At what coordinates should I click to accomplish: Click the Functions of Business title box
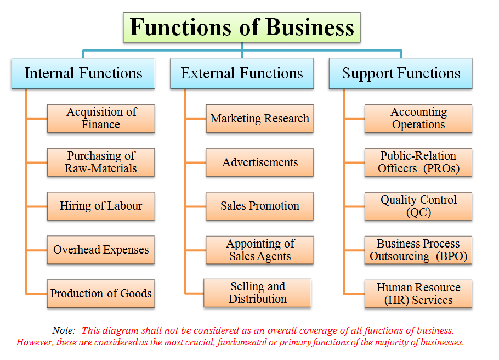pyautogui.click(x=242, y=27)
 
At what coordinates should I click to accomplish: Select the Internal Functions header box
pyautogui.click(x=83, y=74)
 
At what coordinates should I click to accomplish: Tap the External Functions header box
pyautogui.click(x=242, y=74)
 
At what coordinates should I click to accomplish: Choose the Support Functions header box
pyautogui.click(x=401, y=74)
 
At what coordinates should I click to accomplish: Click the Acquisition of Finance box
pyautogui.click(x=101, y=119)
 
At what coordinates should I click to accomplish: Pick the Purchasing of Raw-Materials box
pyautogui.click(x=101, y=162)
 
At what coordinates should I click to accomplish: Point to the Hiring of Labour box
pyautogui.click(x=101, y=206)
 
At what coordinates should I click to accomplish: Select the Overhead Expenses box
pyautogui.click(x=101, y=250)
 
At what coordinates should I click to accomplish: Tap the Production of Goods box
pyautogui.click(x=101, y=293)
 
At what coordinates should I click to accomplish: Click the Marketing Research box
pyautogui.click(x=260, y=119)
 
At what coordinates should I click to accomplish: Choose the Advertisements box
pyautogui.click(x=260, y=162)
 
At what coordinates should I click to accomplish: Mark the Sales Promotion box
pyautogui.click(x=260, y=206)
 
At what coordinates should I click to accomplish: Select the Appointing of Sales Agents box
pyautogui.click(x=260, y=250)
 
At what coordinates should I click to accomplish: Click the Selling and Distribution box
pyautogui.click(x=258, y=293)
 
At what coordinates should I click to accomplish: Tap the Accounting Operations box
pyautogui.click(x=418, y=119)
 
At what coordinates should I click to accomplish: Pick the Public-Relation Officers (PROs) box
pyautogui.click(x=418, y=162)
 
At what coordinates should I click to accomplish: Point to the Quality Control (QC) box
pyautogui.click(x=418, y=206)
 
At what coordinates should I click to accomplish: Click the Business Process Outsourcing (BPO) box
pyautogui.click(x=418, y=250)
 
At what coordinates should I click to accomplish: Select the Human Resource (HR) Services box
pyautogui.click(x=418, y=294)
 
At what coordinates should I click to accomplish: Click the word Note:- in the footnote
pyautogui.click(x=66, y=330)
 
